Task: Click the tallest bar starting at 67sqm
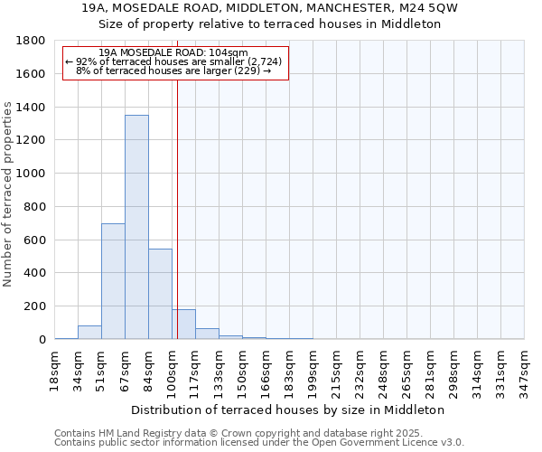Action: click(x=136, y=227)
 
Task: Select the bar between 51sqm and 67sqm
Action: click(x=113, y=281)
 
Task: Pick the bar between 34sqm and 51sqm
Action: click(x=89, y=332)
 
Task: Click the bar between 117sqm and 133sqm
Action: click(x=207, y=334)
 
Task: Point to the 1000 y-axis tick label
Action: click(x=33, y=174)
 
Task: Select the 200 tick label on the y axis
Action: click(x=36, y=306)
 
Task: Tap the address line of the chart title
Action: click(x=270, y=8)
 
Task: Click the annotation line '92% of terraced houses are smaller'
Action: click(x=174, y=61)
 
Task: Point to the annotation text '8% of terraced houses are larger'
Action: click(x=174, y=71)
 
